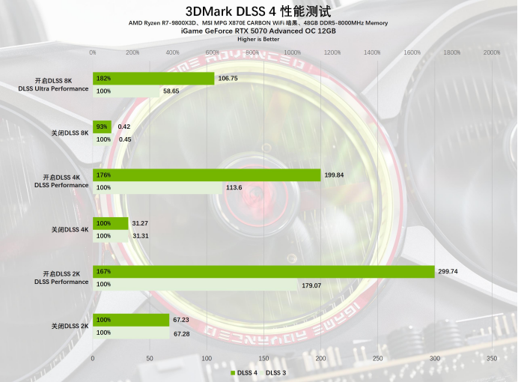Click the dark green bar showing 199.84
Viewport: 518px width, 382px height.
click(x=207, y=175)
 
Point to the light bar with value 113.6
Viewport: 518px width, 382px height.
click(x=158, y=187)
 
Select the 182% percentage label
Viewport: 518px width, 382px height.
click(x=103, y=78)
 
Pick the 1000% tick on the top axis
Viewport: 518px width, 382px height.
click(x=292, y=52)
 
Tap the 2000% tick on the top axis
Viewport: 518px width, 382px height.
click(x=491, y=52)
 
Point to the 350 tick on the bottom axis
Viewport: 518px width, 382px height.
click(x=491, y=359)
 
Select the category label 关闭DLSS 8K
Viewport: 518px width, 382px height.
click(x=70, y=133)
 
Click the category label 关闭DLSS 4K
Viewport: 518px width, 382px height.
click(x=70, y=229)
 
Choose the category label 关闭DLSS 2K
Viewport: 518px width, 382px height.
click(x=70, y=326)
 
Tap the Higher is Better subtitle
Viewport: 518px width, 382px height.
click(x=258, y=39)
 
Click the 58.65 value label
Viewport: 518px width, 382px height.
click(x=171, y=91)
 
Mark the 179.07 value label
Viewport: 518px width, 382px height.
click(x=311, y=285)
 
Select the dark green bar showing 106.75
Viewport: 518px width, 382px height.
click(x=153, y=78)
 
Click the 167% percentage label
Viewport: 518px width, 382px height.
click(x=103, y=272)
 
